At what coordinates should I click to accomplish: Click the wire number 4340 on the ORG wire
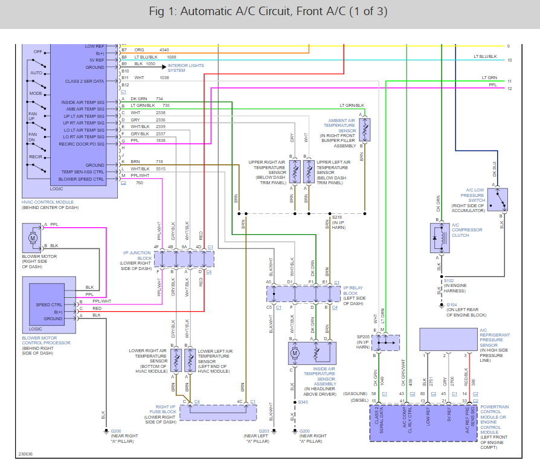click(164, 49)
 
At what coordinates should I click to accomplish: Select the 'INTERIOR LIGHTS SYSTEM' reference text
click(185, 68)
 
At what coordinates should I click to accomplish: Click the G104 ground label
click(451, 304)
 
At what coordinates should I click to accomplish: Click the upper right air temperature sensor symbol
click(295, 172)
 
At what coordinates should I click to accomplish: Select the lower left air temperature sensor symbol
click(191, 361)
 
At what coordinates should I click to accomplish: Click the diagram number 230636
click(25, 454)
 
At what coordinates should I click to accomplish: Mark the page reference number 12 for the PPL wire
click(509, 89)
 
